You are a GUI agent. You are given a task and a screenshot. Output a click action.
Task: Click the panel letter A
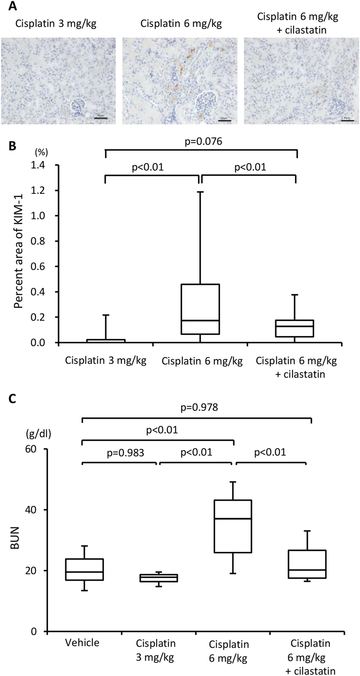tap(12, 6)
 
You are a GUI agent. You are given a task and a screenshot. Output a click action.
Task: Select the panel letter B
tap(12, 147)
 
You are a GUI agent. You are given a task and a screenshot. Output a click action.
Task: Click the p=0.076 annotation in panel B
tap(204, 141)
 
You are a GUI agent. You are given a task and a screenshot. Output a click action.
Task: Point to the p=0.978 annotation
tap(199, 407)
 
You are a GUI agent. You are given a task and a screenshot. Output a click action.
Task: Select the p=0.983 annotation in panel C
tap(125, 453)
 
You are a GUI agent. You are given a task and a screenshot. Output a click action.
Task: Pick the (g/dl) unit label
tap(39, 434)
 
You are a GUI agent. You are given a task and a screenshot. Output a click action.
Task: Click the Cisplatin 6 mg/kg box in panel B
tap(201, 309)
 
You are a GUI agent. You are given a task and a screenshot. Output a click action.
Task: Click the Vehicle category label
tap(82, 643)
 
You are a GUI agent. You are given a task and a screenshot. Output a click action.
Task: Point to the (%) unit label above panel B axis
tap(42, 152)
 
